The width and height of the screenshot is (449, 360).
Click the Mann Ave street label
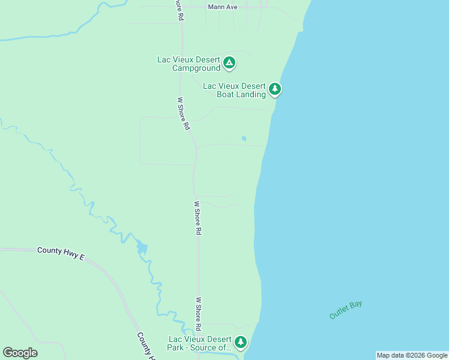click(x=223, y=7)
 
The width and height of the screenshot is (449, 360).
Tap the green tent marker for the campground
click(x=229, y=62)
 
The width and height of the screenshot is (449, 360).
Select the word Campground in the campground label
click(x=197, y=68)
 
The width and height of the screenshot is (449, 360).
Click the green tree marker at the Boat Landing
click(x=275, y=89)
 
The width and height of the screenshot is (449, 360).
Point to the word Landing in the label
click(x=251, y=95)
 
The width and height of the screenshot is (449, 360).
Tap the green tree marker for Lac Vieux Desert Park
click(x=241, y=342)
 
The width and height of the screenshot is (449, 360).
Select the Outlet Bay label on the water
click(x=346, y=310)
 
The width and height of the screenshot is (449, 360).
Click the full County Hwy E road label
click(x=61, y=253)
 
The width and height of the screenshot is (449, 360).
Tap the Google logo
click(x=20, y=352)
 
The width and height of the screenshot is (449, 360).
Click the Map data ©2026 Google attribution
click(x=412, y=355)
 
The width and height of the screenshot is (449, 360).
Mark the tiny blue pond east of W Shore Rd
click(x=244, y=139)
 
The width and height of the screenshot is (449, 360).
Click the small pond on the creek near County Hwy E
click(x=142, y=247)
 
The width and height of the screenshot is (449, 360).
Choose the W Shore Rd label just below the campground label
click(x=184, y=114)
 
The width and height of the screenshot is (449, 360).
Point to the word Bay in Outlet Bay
click(x=356, y=305)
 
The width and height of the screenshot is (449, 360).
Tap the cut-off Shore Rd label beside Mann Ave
click(x=178, y=10)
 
